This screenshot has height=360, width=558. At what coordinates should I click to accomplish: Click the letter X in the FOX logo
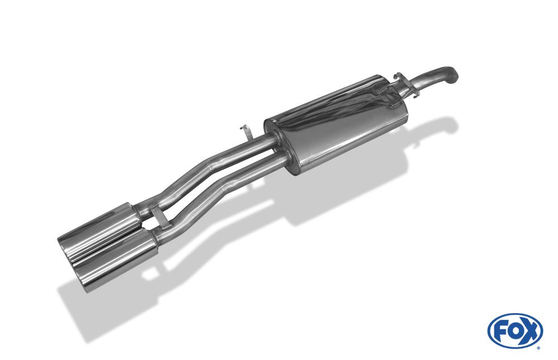click(530, 330)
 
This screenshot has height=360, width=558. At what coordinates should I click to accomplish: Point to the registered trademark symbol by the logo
click(538, 348)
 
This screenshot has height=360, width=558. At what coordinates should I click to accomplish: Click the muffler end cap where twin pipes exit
click(279, 145)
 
